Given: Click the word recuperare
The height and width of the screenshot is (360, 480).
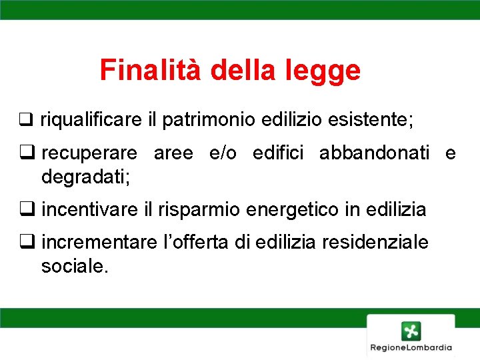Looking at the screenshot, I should click(89, 154).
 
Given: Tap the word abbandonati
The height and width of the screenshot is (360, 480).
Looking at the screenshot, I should click(375, 153).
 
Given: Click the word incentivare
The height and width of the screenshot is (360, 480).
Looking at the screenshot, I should click(90, 210).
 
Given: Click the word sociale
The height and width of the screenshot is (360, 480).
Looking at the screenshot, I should click(73, 266).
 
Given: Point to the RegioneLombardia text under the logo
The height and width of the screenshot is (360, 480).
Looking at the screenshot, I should click(411, 347).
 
